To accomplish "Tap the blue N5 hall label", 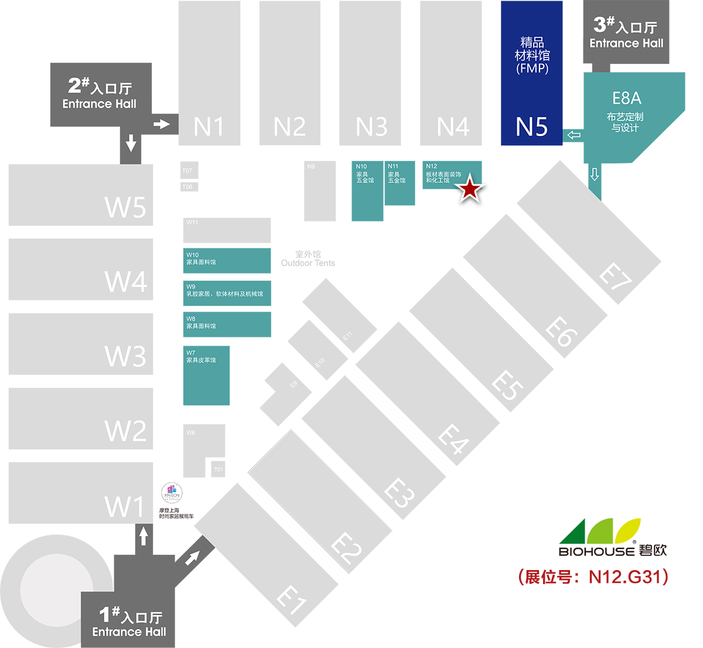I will click(531, 127).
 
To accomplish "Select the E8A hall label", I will click(626, 98).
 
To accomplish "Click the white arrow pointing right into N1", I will click(161, 124).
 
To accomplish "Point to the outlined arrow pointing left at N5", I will click(574, 135).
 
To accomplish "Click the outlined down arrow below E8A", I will click(595, 174).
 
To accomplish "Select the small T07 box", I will click(189, 170).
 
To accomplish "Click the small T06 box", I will click(189, 187).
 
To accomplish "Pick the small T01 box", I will click(218, 469).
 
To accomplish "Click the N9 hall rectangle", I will click(320, 191).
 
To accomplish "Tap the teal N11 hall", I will click(400, 183).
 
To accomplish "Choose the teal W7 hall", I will click(206, 376).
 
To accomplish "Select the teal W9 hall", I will click(227, 294).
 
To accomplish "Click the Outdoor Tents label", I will click(308, 259).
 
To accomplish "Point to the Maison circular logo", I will click(172, 493).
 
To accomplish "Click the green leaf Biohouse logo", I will click(600, 531).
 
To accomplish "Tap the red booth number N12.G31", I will click(628, 577).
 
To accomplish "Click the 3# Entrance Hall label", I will click(626, 33).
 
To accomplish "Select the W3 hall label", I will click(125, 356).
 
